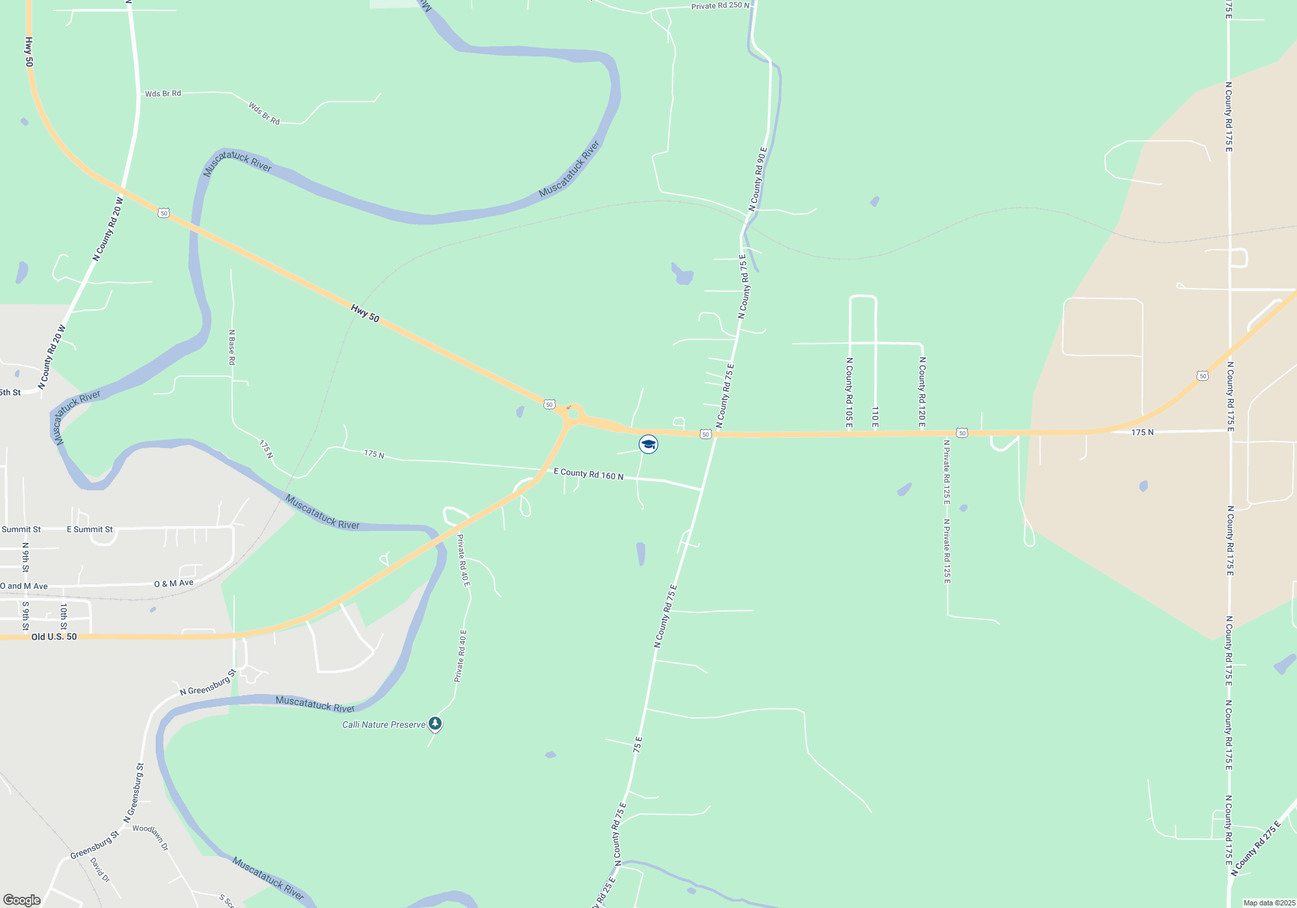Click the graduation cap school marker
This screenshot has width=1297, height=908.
tap(648, 444)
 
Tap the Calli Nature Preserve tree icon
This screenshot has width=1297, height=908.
tap(435, 723)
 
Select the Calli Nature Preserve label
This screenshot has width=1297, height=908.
tap(384, 724)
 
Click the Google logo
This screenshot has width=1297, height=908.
tap(21, 900)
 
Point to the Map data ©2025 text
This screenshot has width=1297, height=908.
tap(1269, 903)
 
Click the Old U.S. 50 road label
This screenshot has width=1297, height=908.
tap(54, 637)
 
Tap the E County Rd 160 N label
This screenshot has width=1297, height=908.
tap(588, 474)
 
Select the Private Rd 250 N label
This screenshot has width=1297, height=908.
tap(720, 6)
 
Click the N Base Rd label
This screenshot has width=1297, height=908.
tap(232, 347)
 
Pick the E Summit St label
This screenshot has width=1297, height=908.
tap(89, 529)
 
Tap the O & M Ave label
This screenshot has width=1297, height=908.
tap(174, 584)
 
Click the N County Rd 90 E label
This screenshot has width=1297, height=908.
tap(757, 179)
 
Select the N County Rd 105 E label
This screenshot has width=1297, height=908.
tap(849, 392)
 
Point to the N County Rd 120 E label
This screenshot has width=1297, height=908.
tap(922, 391)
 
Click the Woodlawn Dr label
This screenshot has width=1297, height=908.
tap(151, 837)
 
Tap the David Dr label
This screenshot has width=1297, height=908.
tap(100, 870)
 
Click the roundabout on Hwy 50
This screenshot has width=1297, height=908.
tap(573, 413)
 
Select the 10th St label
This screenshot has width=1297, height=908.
tap(64, 616)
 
